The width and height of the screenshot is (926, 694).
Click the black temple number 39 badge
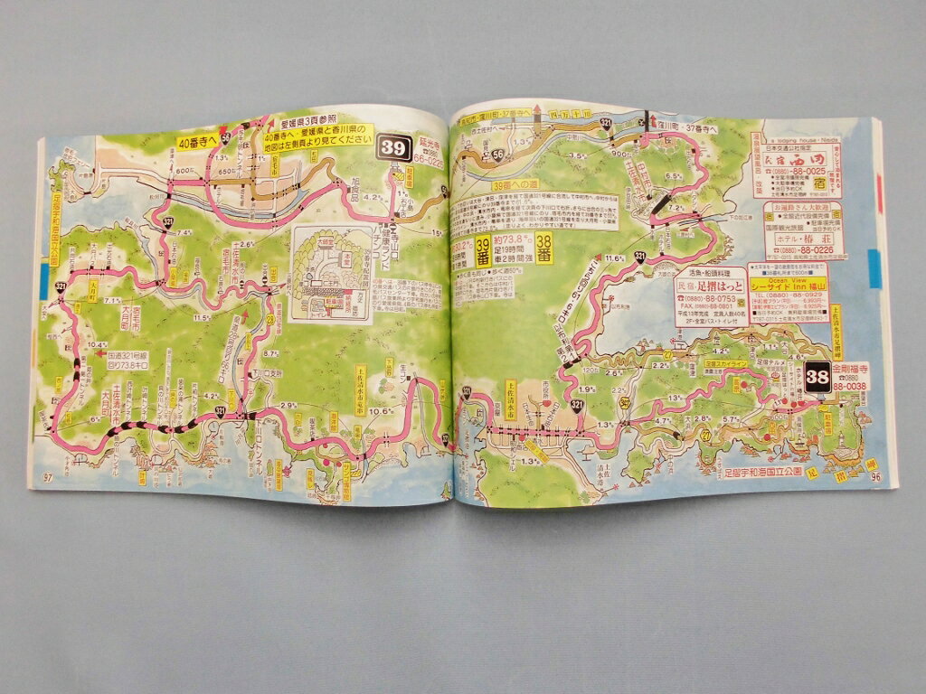tap(395, 148)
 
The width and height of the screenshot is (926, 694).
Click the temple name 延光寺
tap(431, 144)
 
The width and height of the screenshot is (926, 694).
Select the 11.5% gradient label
tap(202, 317)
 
